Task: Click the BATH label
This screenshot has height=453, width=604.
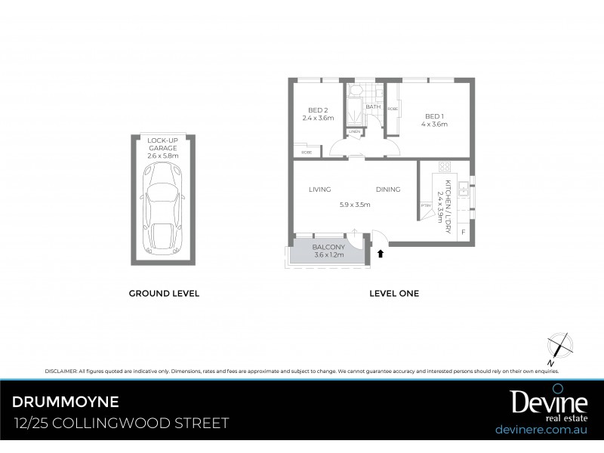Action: tap(373, 106)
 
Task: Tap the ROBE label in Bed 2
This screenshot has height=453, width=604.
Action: tap(306, 152)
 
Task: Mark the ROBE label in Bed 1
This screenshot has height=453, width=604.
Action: tap(393, 109)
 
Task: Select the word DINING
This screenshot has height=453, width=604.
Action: tap(388, 190)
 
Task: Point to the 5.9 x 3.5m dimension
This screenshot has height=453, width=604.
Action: tap(354, 204)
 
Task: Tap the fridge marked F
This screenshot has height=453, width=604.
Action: tap(462, 231)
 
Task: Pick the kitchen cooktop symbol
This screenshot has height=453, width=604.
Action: tap(444, 167)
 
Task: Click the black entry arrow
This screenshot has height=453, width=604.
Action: tap(381, 254)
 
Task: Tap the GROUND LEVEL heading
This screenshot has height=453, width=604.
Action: tap(164, 294)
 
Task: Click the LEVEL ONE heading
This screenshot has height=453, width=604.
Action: tap(393, 294)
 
